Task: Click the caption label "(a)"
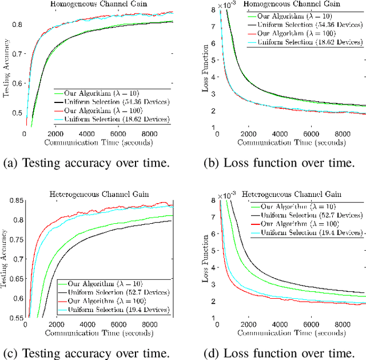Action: click(x=12, y=163)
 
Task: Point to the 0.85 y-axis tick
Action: click(x=15, y=200)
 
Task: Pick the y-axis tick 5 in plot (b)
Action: click(x=213, y=60)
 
